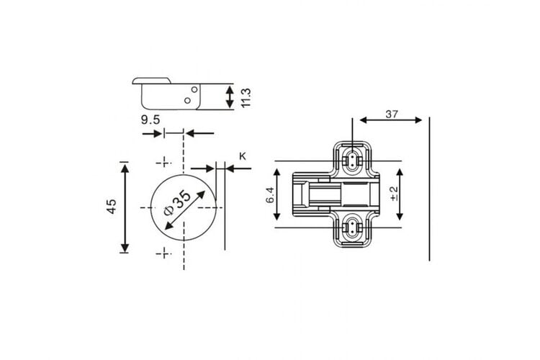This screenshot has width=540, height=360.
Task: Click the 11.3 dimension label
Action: click(x=246, y=98)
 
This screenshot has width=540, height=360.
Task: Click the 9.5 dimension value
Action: click(x=150, y=120)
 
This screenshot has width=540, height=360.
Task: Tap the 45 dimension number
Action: click(x=112, y=207)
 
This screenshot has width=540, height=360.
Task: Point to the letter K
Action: click(x=243, y=156)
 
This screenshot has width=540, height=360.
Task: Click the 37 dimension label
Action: click(x=392, y=114)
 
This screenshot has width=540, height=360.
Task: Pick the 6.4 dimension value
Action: click(x=270, y=195)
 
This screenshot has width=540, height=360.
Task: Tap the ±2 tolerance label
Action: click(x=394, y=194)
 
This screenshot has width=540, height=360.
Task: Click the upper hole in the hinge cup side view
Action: click(x=194, y=89)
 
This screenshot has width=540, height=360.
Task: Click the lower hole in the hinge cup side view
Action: click(x=187, y=101)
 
